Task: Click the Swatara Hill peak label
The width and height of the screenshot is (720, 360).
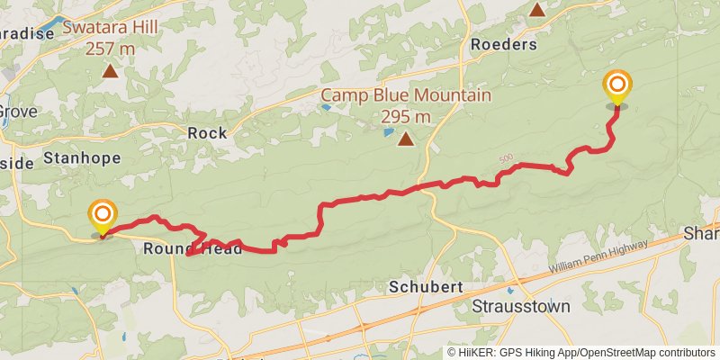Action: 110,27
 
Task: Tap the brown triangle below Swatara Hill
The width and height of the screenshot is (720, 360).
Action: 110,70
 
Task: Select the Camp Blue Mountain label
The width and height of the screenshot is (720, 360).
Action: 406,96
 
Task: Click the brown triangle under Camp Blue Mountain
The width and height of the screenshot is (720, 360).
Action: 406,139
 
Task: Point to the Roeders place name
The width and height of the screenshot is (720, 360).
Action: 504,44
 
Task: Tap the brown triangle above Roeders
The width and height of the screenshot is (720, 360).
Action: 536,10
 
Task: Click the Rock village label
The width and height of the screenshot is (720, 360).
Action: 207,132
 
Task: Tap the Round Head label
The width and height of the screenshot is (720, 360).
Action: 193,249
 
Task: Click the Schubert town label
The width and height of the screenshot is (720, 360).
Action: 426,287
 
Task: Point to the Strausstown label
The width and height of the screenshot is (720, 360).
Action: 521,306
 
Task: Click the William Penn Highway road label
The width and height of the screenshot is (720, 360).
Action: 598,258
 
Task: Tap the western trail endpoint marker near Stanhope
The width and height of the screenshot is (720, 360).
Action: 103,216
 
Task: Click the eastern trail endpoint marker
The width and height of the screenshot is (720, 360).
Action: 617,87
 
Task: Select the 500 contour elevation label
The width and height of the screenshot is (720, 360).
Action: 506,159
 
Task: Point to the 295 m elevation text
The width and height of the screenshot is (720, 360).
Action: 406,116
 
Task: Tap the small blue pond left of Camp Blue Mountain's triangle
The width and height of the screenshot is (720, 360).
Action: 389,132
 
